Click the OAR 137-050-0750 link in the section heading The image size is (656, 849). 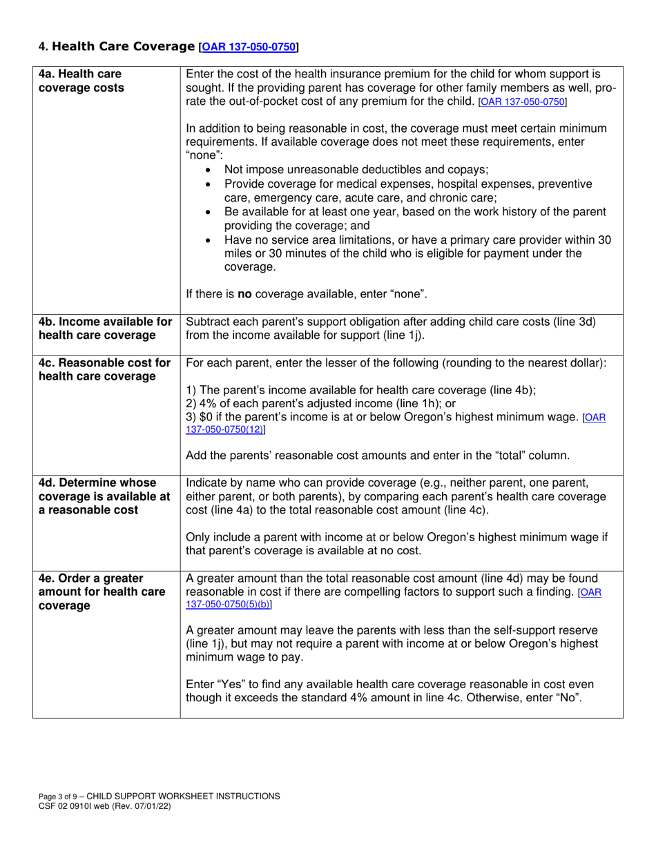point(249,48)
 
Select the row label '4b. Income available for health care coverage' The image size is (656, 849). point(106,328)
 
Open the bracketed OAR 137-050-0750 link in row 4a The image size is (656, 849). point(523,102)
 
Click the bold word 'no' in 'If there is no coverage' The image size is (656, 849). point(244,295)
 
